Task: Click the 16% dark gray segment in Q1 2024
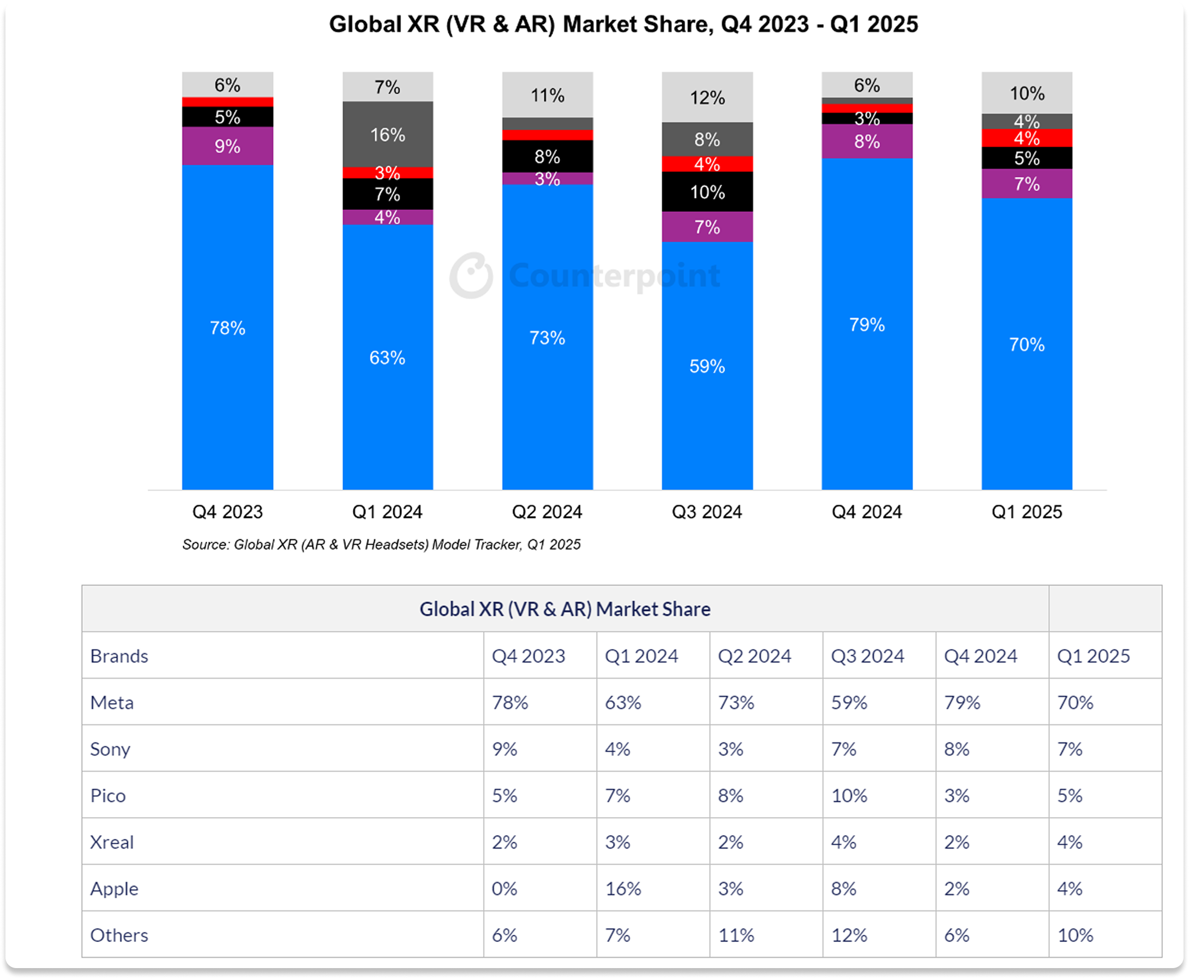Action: (388, 134)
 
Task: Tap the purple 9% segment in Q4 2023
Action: (227, 146)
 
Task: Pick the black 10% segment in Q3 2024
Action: (707, 192)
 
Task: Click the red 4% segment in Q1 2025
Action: (1026, 138)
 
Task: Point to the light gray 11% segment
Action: (548, 95)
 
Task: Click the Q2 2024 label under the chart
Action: (547, 511)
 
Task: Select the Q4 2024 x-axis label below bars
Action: (867, 511)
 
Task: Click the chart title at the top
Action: (623, 24)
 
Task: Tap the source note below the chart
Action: (381, 544)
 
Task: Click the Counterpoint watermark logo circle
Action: (471, 275)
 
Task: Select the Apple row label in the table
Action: (114, 889)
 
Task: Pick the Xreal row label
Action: (112, 842)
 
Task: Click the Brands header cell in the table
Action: (119, 656)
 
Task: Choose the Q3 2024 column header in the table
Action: (867, 656)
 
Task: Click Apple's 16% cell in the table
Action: (623, 889)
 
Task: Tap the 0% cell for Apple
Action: (504, 889)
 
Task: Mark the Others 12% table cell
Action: (849, 935)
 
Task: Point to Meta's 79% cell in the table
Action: (962, 703)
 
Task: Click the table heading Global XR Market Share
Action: (565, 609)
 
